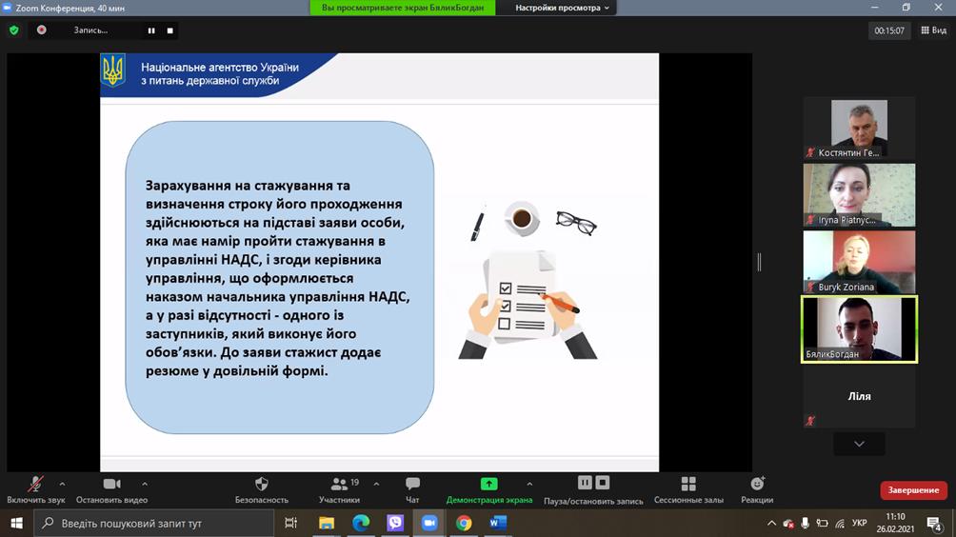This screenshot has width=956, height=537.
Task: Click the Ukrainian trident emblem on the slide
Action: tap(112, 70)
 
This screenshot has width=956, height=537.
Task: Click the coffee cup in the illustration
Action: tap(521, 218)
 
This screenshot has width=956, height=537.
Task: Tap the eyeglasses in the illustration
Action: tap(576, 223)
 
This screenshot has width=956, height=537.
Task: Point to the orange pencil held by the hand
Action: tap(559, 303)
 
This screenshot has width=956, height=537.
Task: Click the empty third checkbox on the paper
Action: tap(505, 324)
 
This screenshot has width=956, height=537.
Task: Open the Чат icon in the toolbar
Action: tap(412, 484)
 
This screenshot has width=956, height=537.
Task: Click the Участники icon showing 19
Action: tap(340, 484)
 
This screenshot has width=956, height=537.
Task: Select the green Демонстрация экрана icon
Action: tap(489, 484)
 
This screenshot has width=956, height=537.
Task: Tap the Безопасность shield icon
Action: tap(262, 484)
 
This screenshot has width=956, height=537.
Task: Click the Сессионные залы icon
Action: tap(688, 484)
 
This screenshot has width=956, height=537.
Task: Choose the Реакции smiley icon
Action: tap(757, 484)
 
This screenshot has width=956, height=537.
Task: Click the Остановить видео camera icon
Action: tap(111, 484)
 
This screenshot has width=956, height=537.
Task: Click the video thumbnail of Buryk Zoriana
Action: tap(859, 262)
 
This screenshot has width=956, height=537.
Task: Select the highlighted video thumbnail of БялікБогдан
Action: tap(859, 329)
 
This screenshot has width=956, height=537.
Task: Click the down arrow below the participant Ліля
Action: tap(859, 444)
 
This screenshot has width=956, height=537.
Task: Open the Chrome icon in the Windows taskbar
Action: tap(464, 523)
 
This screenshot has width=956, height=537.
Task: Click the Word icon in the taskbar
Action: tap(498, 523)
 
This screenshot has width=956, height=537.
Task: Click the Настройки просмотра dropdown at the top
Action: tap(562, 8)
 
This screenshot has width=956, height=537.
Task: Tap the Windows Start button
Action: tap(16, 523)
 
